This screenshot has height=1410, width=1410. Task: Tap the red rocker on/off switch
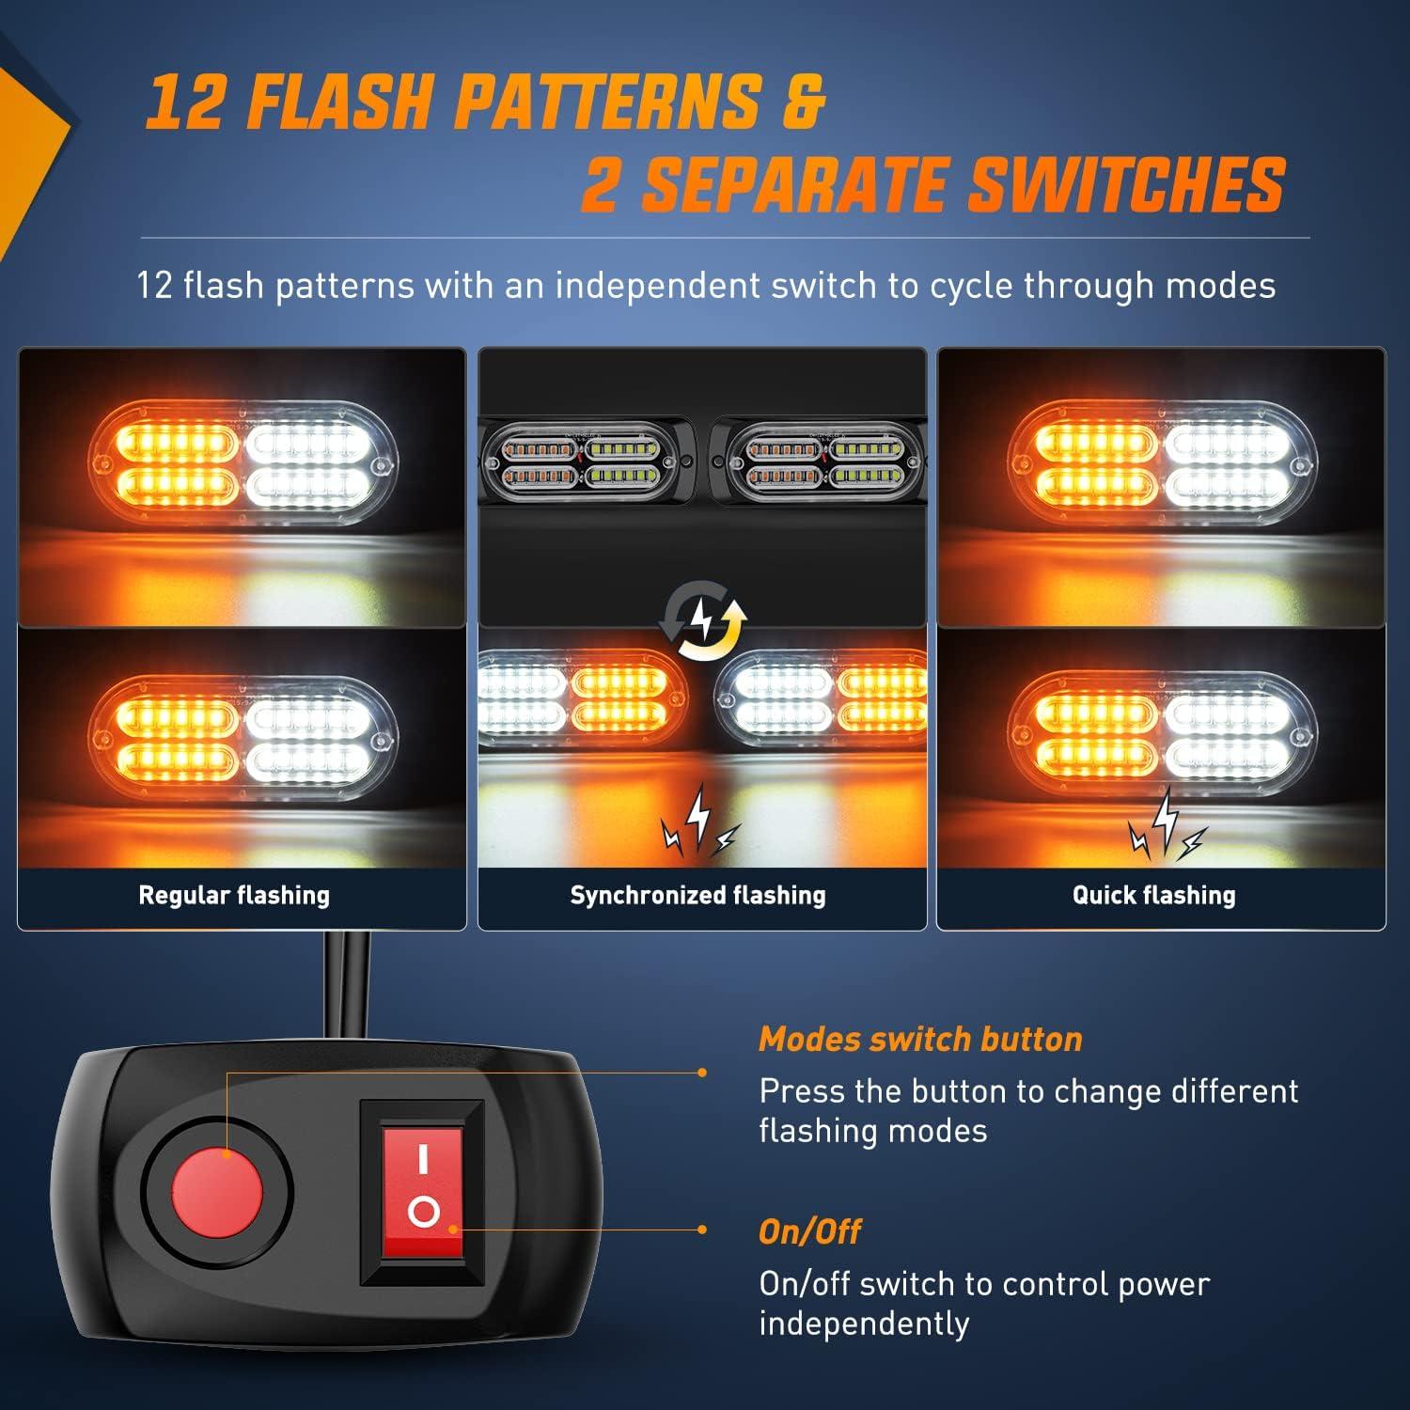[423, 1192]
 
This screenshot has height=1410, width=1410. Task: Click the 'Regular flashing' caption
[234, 895]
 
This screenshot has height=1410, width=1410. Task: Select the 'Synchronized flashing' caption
[697, 895]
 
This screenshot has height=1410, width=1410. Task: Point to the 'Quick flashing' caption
[1153, 895]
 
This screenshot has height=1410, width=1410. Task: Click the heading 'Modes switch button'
[920, 1039]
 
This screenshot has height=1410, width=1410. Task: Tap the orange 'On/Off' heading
[809, 1231]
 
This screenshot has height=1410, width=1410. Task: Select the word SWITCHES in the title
[1126, 184]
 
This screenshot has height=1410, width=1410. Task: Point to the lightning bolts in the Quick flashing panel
[1166, 825]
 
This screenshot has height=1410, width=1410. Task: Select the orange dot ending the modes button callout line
[702, 1072]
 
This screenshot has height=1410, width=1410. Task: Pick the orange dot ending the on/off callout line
[702, 1230]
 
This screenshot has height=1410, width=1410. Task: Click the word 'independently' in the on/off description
[864, 1324]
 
